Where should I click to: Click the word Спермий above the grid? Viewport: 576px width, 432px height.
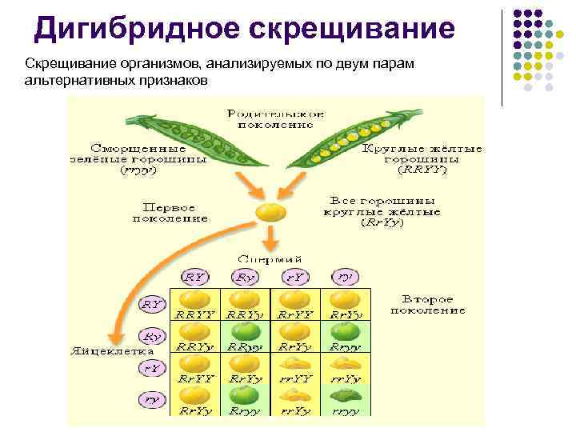tap(270, 259)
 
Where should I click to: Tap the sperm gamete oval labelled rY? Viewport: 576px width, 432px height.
tap(296, 277)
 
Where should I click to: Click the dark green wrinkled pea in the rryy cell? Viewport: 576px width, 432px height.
tap(344, 396)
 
